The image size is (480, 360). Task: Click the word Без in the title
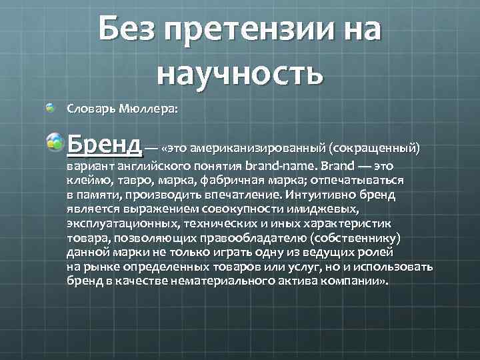click(x=129, y=30)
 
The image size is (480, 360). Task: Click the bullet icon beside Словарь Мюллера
click(x=52, y=107)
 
